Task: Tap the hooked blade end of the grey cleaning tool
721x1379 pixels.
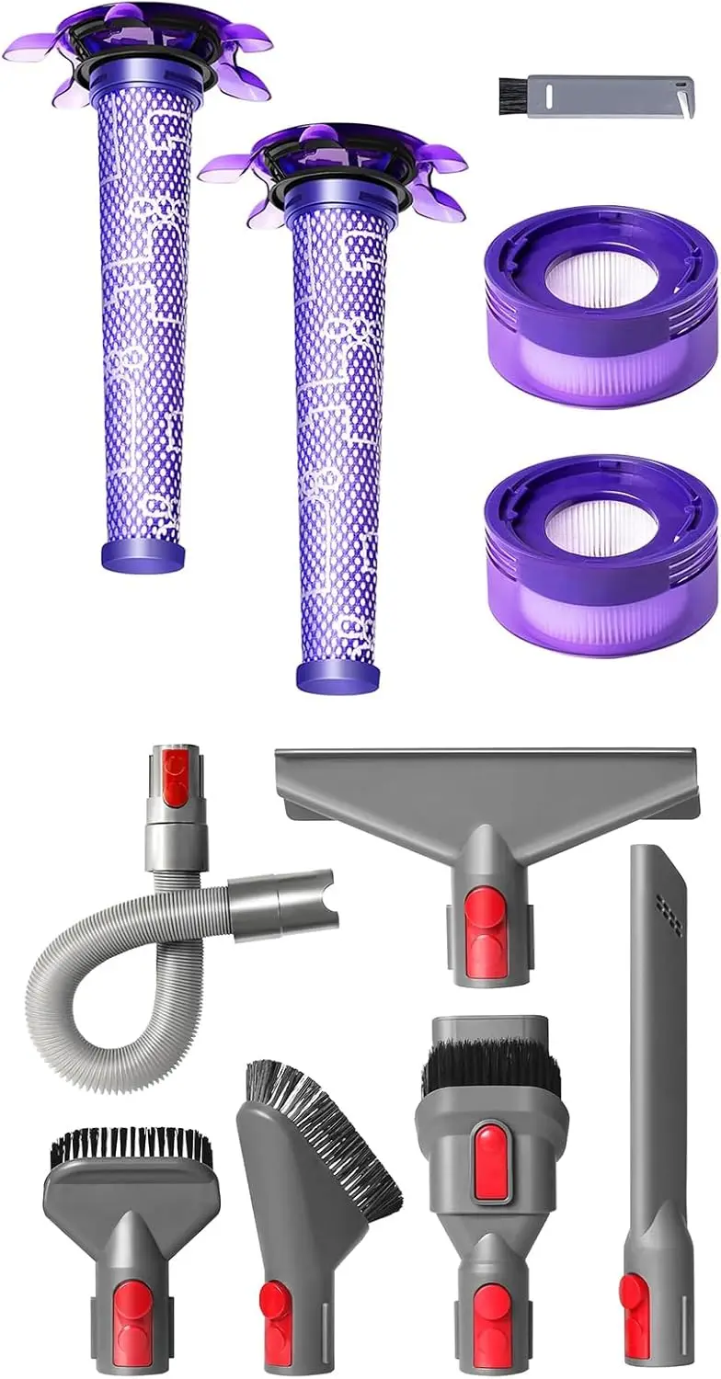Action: [682, 93]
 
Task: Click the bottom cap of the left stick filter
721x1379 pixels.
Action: [142, 555]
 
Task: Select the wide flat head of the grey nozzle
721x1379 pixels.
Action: [487, 781]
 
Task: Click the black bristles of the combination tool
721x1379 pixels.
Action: [490, 1071]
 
